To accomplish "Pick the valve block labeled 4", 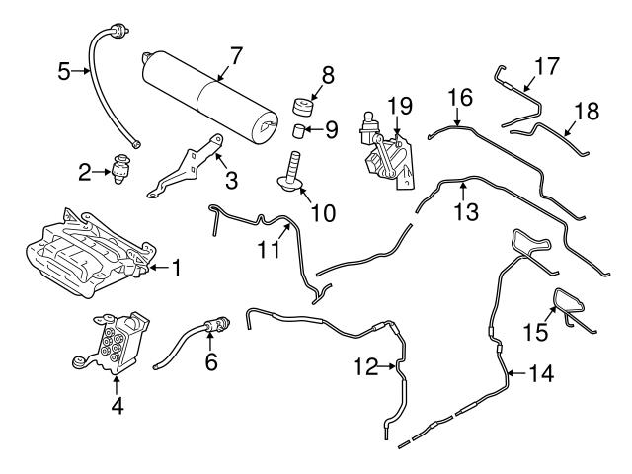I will pyautogui.click(x=112, y=342).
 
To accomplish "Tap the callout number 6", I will pyautogui.click(x=211, y=363).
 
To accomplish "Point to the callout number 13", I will pyautogui.click(x=461, y=210).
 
